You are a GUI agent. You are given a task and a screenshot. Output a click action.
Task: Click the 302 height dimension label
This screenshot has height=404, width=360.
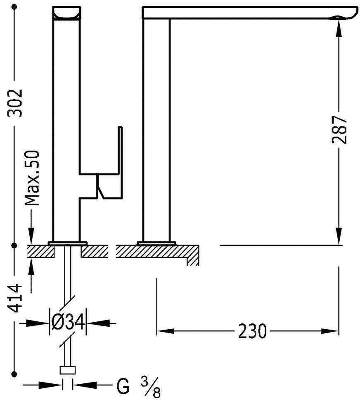click(15, 102)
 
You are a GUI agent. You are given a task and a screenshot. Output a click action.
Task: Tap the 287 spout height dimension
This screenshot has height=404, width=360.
click(339, 130)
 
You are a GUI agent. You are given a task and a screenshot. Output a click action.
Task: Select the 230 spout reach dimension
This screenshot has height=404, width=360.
click(252, 331)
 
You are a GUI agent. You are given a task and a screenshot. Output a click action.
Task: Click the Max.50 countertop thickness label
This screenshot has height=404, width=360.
click(32, 178)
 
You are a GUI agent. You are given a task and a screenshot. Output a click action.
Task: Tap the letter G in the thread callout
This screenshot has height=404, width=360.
click(123, 387)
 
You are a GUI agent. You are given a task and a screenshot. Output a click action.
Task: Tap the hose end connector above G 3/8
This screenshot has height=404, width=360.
click(67, 370)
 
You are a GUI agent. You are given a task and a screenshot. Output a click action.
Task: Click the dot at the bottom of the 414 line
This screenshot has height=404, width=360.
click(15, 374)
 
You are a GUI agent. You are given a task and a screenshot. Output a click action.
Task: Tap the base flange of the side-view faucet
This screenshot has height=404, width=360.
click(156, 242)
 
